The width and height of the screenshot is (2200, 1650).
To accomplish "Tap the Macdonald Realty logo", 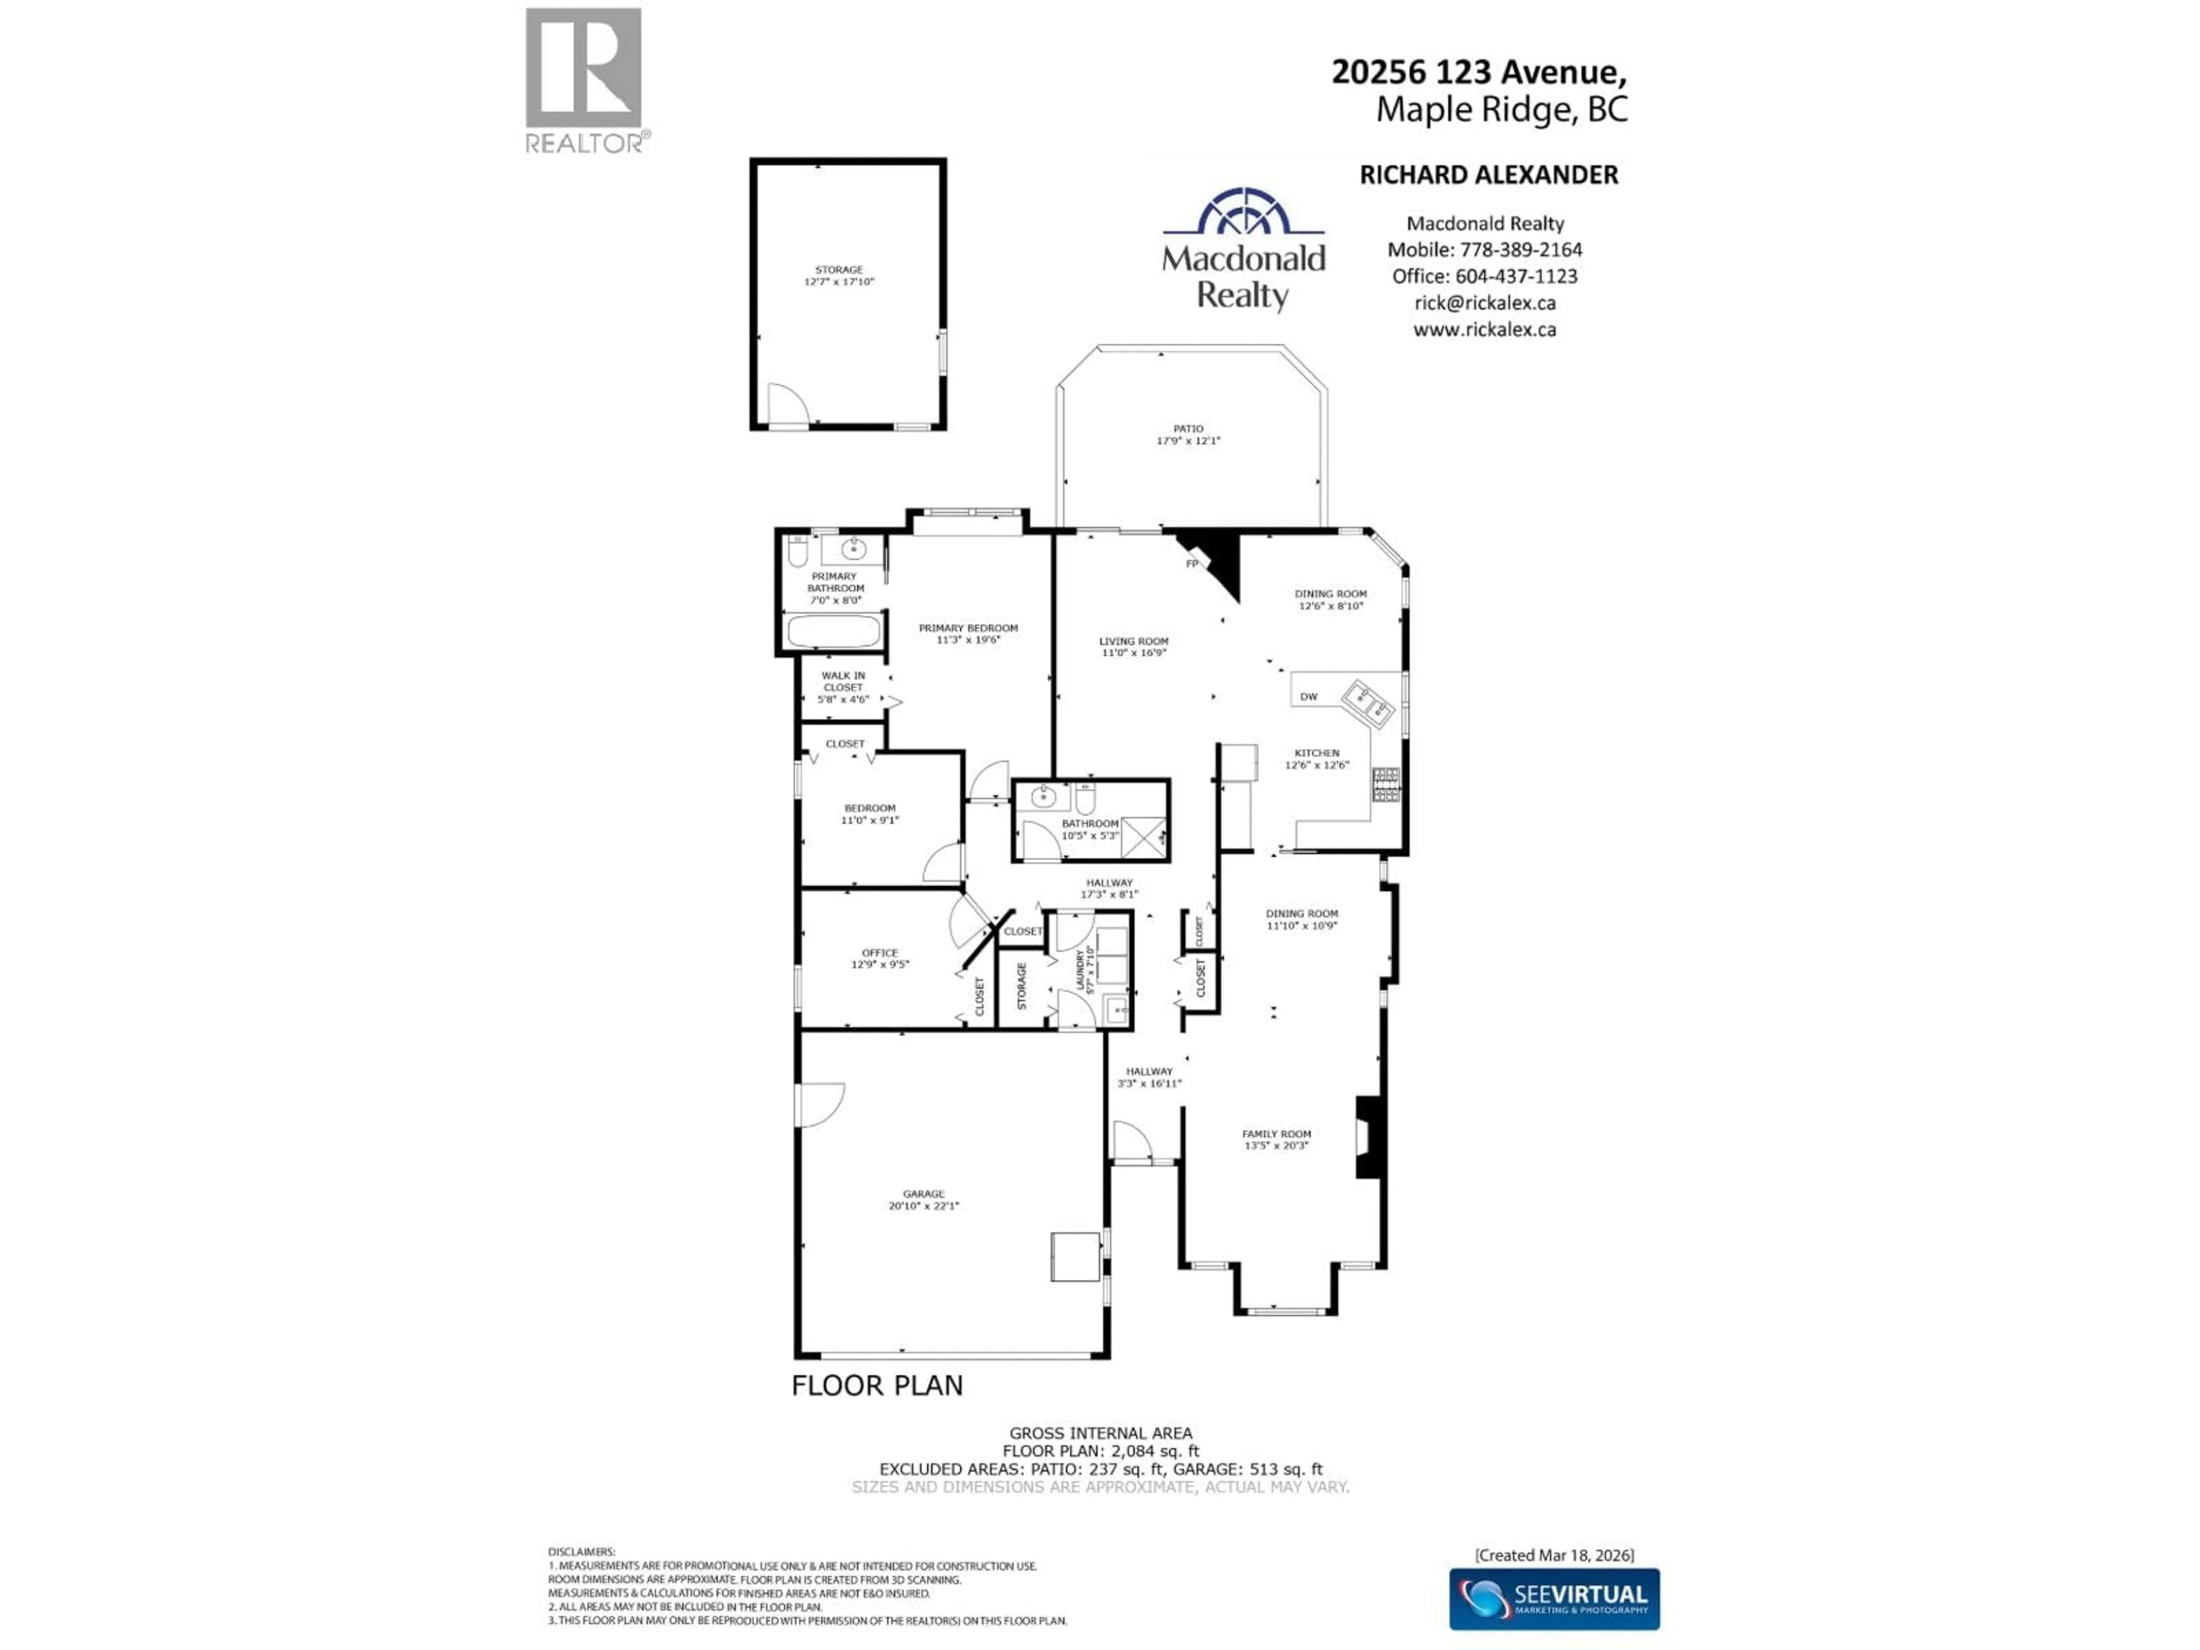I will coord(1243,249).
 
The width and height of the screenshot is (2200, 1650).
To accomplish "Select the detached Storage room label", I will coord(838,270).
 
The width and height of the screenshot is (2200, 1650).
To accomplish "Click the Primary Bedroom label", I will coord(968,628).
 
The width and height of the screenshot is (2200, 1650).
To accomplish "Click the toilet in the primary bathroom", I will coord(797,551).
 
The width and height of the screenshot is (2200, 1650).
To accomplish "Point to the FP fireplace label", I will coord(1192,564).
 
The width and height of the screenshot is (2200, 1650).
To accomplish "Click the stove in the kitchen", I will coord(1385,785).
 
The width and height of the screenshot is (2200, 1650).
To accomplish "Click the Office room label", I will coord(879,953).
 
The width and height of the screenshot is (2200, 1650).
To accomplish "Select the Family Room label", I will coord(1276,1134).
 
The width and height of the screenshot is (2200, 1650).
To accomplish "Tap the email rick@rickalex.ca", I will coord(1485,303).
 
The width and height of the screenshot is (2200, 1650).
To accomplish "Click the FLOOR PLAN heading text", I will coord(876,1385).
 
